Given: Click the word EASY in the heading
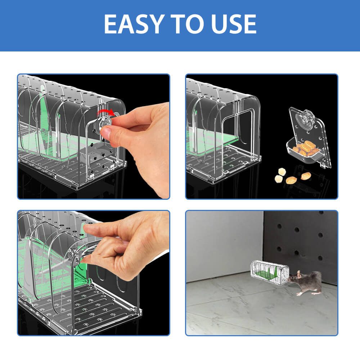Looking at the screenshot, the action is (x=135, y=24).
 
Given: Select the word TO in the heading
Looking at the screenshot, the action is (x=187, y=24).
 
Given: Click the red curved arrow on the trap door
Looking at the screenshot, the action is (x=105, y=112).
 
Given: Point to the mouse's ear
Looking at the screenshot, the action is (x=298, y=274).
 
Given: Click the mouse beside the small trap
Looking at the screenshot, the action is (x=305, y=282).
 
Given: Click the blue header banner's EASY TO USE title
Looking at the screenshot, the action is (x=180, y=24).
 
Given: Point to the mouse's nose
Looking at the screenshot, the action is (x=288, y=279).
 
